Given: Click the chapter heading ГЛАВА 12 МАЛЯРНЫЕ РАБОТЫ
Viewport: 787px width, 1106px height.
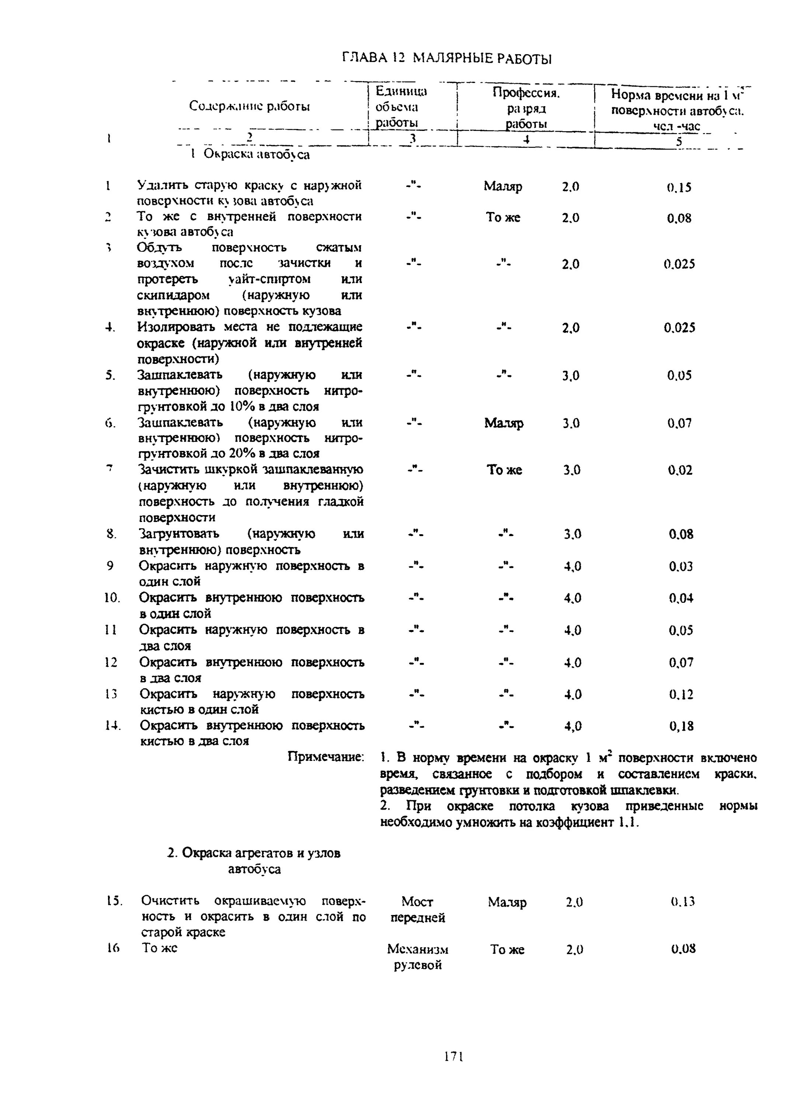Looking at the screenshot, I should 446,59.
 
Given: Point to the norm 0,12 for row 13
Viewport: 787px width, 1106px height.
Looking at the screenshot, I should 681,695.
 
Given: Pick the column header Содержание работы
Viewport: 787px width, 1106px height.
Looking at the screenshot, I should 249,106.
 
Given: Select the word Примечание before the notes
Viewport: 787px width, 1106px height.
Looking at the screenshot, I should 325,757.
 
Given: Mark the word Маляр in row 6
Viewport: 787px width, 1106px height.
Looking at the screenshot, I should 504,424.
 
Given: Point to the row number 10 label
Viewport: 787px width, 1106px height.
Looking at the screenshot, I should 112,598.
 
